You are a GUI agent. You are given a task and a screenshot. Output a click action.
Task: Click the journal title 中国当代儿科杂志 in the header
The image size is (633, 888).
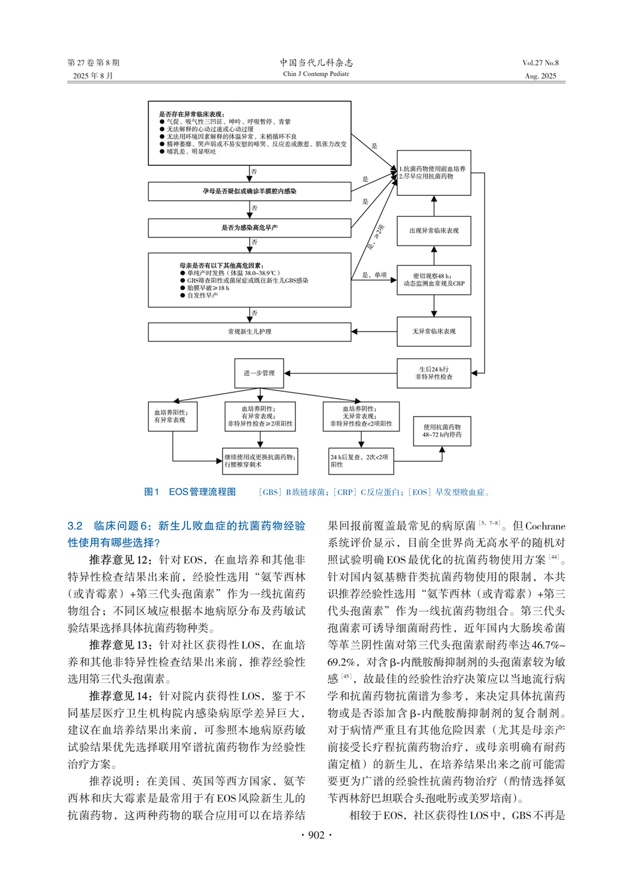pos(316,62)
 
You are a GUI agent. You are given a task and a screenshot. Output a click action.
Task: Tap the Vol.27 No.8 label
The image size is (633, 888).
pos(540,63)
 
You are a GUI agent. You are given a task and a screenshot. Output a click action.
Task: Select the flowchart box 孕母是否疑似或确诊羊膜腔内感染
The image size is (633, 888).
pos(250,191)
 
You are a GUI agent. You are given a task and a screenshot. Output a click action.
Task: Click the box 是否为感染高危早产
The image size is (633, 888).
pos(250,228)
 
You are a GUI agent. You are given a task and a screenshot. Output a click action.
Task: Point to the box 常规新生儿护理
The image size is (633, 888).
pos(250,332)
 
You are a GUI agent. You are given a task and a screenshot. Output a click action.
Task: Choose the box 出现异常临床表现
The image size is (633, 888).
pos(433,231)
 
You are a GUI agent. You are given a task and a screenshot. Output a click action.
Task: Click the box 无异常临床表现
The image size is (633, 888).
pos(433,332)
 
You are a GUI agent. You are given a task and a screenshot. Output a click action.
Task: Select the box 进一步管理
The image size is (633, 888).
pos(259,373)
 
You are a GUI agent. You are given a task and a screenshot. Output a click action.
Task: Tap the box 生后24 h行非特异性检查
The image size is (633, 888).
pos(433,373)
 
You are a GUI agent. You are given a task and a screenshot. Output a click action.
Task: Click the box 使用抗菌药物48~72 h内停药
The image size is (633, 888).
pos(442,430)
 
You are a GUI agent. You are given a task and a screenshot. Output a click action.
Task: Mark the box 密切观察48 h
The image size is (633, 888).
pos(433,280)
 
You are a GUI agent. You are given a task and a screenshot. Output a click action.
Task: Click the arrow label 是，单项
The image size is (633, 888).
pos(374,275)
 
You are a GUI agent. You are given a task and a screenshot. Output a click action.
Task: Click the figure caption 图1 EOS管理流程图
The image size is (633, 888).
pos(190,492)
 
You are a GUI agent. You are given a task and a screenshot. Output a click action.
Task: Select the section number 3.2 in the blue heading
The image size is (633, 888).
pos(75,526)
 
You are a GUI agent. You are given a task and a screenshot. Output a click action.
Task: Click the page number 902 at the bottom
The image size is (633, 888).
pos(316,835)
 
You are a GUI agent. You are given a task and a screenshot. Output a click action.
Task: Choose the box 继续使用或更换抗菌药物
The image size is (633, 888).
pos(260,461)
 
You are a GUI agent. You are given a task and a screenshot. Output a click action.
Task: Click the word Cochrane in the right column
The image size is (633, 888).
pos(545,526)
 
